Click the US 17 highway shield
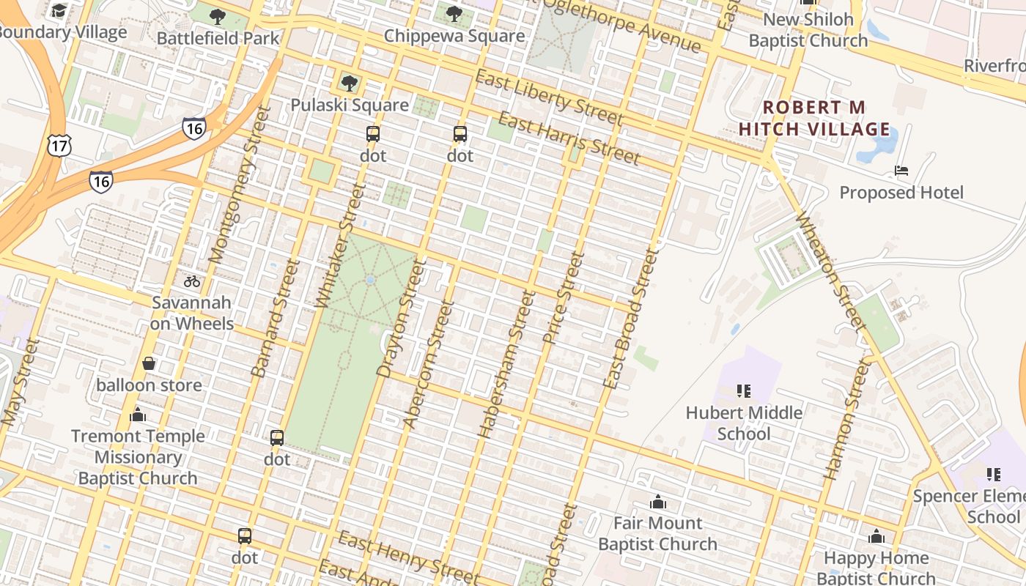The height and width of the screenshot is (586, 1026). [x=58, y=145]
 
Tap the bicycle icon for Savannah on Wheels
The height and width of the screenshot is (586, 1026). [x=192, y=281]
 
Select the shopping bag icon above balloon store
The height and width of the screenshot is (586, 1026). [x=149, y=363]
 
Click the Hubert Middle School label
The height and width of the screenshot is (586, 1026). [x=744, y=423]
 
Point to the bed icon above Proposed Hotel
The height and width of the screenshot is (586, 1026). [x=901, y=171]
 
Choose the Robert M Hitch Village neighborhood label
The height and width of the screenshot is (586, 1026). [x=813, y=119]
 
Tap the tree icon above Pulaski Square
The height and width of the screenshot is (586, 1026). [x=350, y=84]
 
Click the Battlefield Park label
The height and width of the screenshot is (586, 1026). [x=218, y=38]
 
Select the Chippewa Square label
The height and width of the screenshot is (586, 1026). [x=454, y=36]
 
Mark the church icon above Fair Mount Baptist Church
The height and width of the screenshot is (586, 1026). [x=658, y=502]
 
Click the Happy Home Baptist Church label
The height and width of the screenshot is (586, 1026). [x=876, y=568]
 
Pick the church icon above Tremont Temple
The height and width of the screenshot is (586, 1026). [x=137, y=415]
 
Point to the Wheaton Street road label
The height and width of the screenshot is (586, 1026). [x=827, y=270]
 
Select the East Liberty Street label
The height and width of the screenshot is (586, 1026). [x=549, y=98]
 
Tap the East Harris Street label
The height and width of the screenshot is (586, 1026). [x=569, y=138]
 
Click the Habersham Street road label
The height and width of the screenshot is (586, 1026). [x=506, y=364]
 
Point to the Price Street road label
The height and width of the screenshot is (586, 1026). [x=564, y=298]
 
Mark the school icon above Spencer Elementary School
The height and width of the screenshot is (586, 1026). [x=993, y=475]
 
